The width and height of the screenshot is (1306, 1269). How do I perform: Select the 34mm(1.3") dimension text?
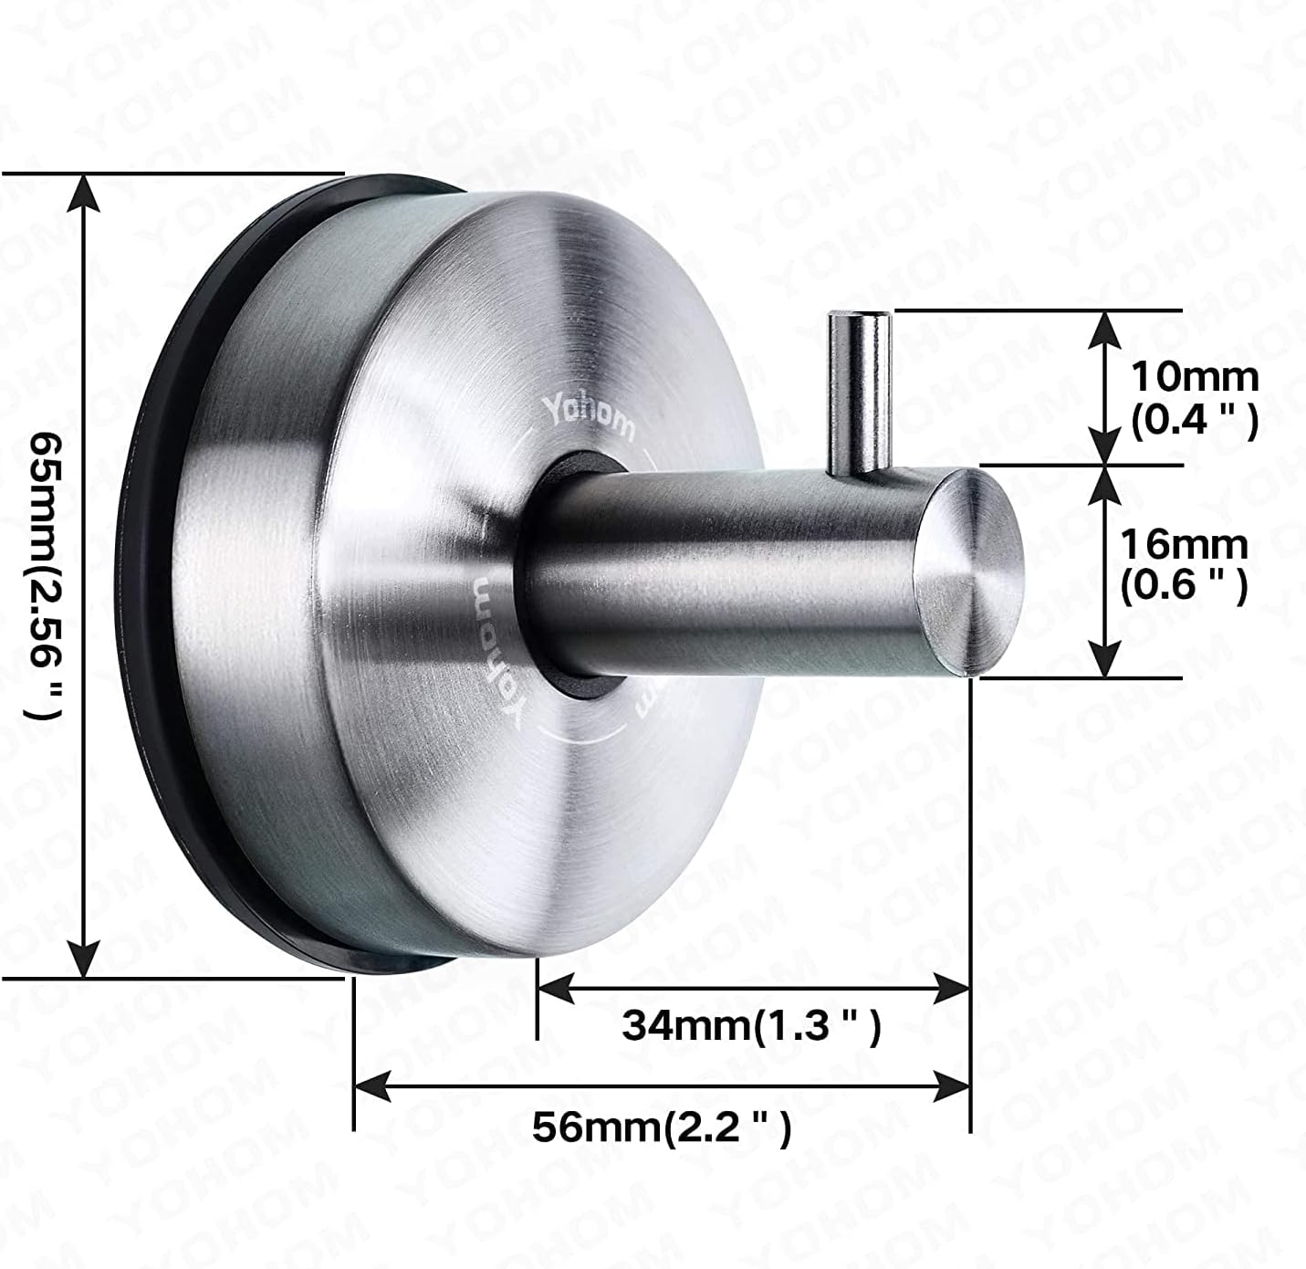[x=751, y=1026]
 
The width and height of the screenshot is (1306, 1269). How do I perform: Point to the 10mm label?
[x=1194, y=376]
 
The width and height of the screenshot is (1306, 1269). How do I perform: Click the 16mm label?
[x=1184, y=545]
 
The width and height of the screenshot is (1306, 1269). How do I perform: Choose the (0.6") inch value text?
[x=1184, y=586]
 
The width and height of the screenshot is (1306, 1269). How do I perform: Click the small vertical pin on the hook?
[x=858, y=393]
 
